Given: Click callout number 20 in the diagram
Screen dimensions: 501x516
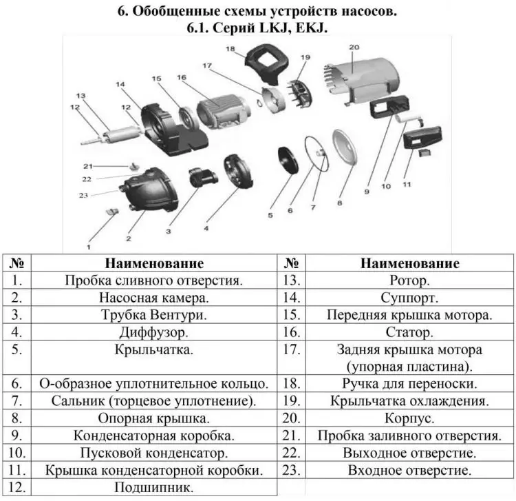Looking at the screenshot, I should click(x=354, y=48).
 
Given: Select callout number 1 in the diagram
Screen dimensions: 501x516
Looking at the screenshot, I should click(x=88, y=245).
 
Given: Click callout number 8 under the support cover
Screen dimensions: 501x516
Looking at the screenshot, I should click(x=339, y=204).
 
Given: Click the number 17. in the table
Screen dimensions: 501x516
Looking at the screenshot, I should click(x=292, y=349).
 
